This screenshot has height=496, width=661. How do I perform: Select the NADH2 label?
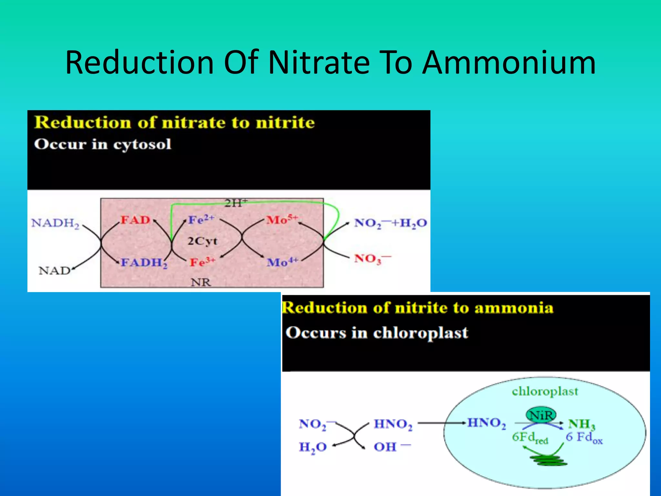[55, 223]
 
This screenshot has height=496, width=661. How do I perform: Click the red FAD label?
[136, 220]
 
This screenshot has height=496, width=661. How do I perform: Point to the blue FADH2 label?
[144, 263]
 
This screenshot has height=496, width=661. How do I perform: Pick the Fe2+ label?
[201, 219]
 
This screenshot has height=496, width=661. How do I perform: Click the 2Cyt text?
[203, 241]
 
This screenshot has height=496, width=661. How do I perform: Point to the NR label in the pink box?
[201, 282]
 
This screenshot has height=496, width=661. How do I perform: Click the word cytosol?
[142, 144]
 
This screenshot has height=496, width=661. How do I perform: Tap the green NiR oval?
[541, 415]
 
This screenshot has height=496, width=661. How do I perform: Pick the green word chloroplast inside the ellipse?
[545, 391]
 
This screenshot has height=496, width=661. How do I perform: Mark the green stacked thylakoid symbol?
[548, 460]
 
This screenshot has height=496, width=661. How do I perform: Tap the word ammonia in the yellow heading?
[514, 308]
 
